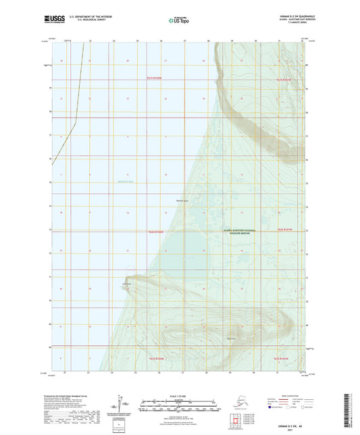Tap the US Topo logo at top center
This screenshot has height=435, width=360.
(x=178, y=20)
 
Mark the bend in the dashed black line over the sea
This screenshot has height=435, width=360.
(x=75, y=121)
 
